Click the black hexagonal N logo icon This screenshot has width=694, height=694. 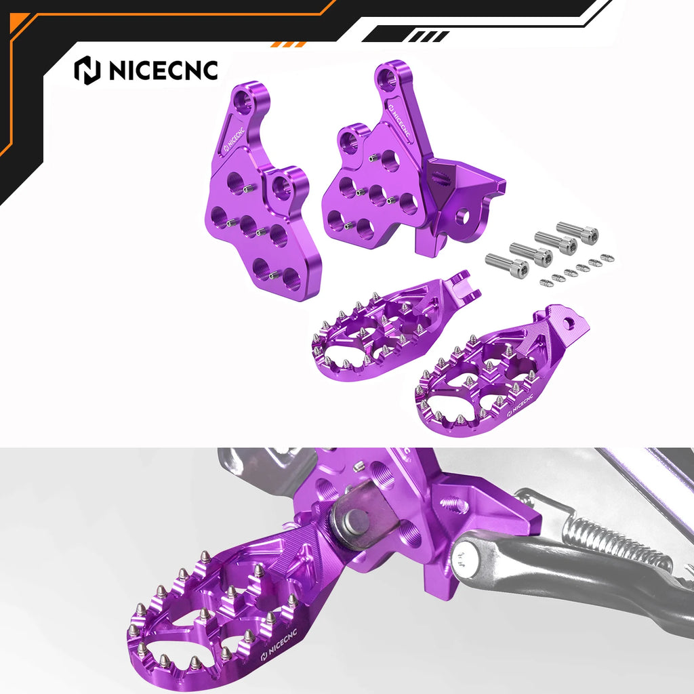pos(86,70)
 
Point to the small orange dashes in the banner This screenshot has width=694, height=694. pos(288,44)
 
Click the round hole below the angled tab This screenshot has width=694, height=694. pos(463,216)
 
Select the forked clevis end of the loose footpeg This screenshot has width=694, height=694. pos(466,285)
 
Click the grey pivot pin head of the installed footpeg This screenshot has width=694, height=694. pos(356,521)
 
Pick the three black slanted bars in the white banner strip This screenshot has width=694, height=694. pos(428,35)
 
